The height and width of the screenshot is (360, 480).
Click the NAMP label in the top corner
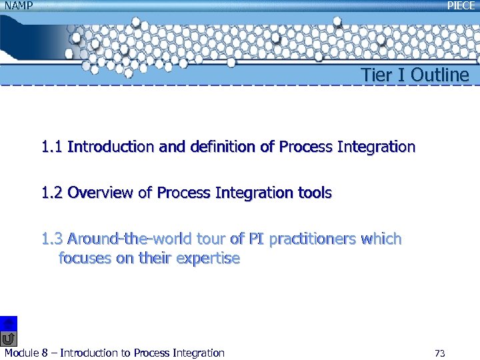(18, 5)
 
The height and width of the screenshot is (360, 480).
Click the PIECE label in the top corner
(461, 5)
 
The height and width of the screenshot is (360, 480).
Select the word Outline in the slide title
(439, 75)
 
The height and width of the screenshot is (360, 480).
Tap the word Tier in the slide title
(374, 75)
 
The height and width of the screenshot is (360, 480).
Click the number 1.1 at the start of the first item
(52, 147)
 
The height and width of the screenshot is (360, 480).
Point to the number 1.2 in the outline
(52, 193)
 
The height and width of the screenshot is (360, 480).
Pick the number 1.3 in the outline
(52, 239)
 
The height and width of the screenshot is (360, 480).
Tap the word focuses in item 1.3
(85, 259)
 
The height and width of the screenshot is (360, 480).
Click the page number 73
(439, 353)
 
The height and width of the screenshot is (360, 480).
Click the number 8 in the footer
(45, 353)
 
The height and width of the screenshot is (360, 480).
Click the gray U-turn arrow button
(9, 339)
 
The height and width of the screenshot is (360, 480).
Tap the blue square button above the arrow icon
(9, 323)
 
